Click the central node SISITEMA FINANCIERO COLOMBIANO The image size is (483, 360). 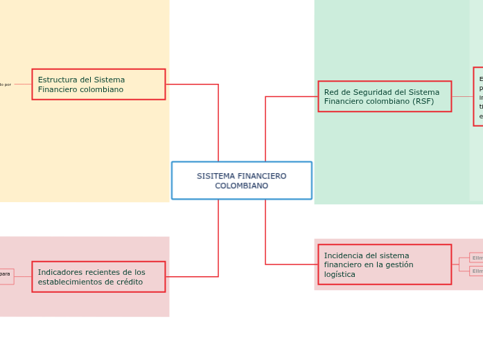coord(241,180)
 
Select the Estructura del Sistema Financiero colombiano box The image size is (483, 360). coord(98,84)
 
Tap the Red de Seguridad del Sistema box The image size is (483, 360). coord(385,96)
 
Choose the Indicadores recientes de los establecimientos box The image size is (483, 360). coord(98,277)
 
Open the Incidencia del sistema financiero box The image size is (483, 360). coord(385,264)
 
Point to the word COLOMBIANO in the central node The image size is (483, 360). coord(241,186)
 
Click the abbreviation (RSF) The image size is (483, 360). coord(421,101)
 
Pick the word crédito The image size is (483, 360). coord(128,282)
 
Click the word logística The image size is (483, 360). coord(340,274)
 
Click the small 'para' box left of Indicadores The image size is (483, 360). coord(6,275)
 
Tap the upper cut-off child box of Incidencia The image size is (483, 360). coord(476,258)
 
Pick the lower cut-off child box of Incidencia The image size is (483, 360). coord(476,271)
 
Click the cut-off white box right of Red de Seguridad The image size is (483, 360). coord(478,96)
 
